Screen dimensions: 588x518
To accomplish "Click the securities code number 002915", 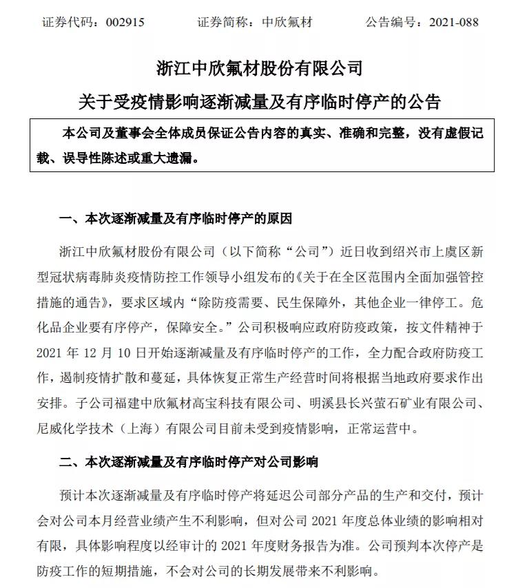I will [x=125, y=22].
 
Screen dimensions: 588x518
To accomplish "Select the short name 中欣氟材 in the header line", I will [x=287, y=22].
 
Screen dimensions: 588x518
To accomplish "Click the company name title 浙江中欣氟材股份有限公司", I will [x=259, y=69].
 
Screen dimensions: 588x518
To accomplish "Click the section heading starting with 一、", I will [x=175, y=219].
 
